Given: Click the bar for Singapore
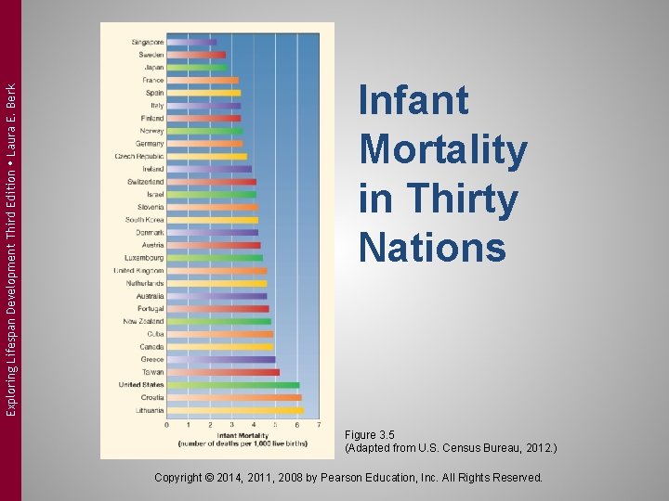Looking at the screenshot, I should coord(191,42).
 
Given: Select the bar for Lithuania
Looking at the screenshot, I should coord(235,410).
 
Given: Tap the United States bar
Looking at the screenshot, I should coord(233,384).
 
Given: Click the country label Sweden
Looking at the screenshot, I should coord(151,55).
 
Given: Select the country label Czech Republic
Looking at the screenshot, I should coord(139,157).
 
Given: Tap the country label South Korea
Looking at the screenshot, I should coord(145,220).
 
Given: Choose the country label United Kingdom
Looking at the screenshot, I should coord(138,270).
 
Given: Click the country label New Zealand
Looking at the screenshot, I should coord(143,321).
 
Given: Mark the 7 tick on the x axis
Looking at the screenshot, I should coord(319,425).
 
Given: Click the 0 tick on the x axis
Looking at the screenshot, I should coord(167,425).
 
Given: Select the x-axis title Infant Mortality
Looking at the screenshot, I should coord(243,434).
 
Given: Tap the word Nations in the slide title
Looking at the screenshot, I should coord(432,248).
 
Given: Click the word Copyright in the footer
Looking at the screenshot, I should coord(185,477).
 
